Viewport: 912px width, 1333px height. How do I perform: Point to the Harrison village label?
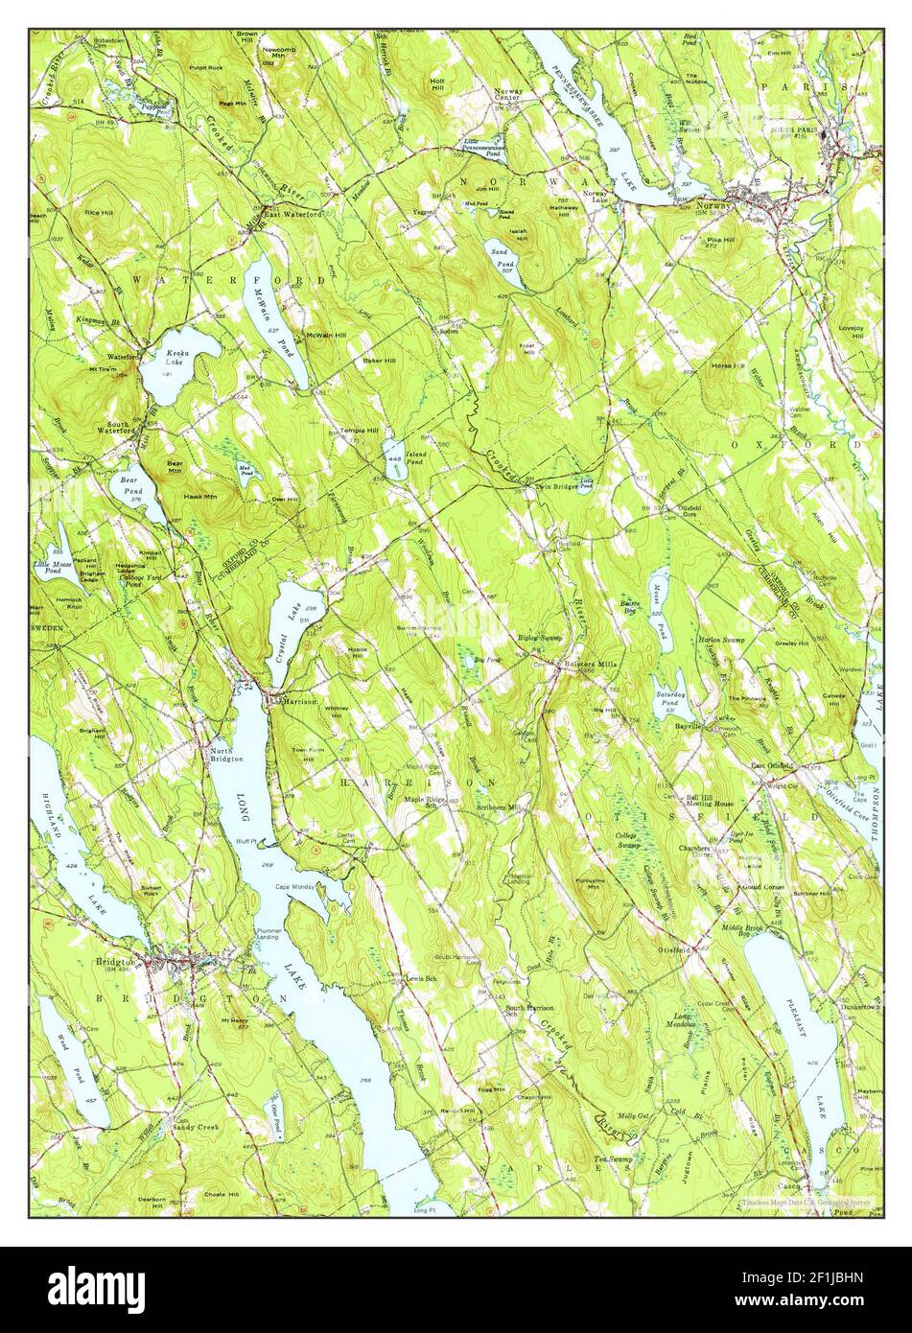pyautogui.click(x=298, y=701)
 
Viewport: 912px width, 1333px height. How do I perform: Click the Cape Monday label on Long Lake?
pyautogui.click(x=296, y=887)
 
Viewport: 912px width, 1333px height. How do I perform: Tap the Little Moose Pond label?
pyautogui.click(x=54, y=568)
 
